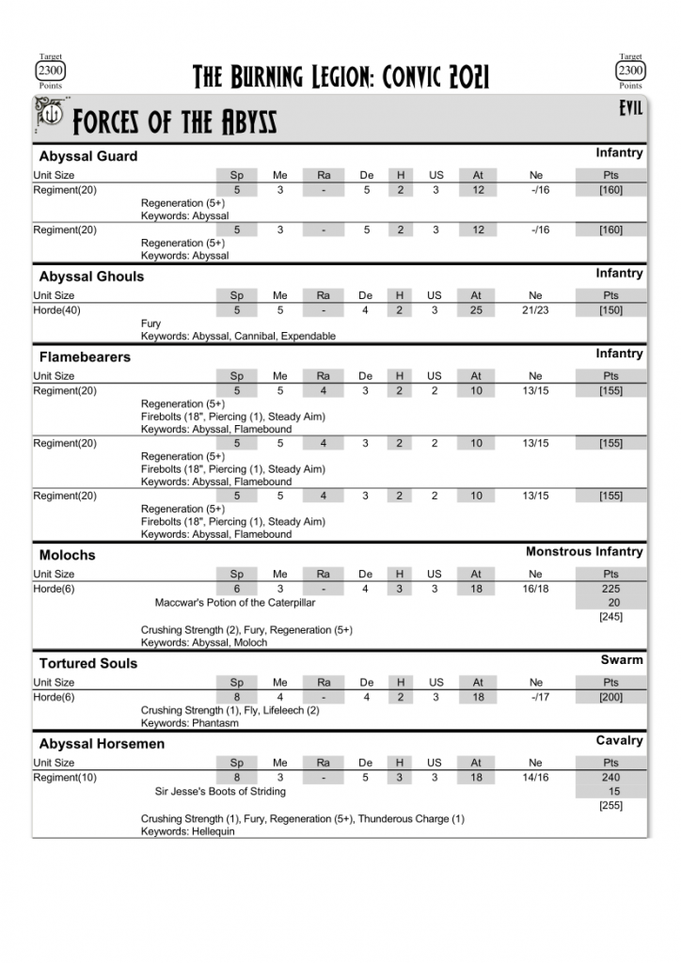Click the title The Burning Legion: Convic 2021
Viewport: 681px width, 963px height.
click(340, 76)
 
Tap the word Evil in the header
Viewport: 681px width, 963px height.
click(630, 109)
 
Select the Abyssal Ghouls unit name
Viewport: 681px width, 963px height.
click(91, 276)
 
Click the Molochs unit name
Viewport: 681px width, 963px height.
click(67, 555)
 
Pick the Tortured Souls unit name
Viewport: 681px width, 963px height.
click(87, 663)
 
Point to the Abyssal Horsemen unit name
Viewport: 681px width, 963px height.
click(102, 744)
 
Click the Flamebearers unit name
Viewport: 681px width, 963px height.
click(85, 357)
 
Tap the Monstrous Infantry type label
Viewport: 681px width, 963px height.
click(584, 552)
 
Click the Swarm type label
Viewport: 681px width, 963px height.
click(622, 660)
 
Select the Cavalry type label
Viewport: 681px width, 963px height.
click(619, 741)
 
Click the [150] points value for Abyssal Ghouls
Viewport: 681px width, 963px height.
click(610, 310)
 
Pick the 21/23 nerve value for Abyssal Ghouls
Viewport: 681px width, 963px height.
click(535, 310)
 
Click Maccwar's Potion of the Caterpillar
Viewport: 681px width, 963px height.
click(235, 603)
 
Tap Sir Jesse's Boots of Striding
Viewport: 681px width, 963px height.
click(223, 792)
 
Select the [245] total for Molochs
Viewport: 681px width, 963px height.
click(610, 617)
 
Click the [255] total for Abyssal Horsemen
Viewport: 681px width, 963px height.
click(610, 805)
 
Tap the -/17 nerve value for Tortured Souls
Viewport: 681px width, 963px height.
click(537, 697)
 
